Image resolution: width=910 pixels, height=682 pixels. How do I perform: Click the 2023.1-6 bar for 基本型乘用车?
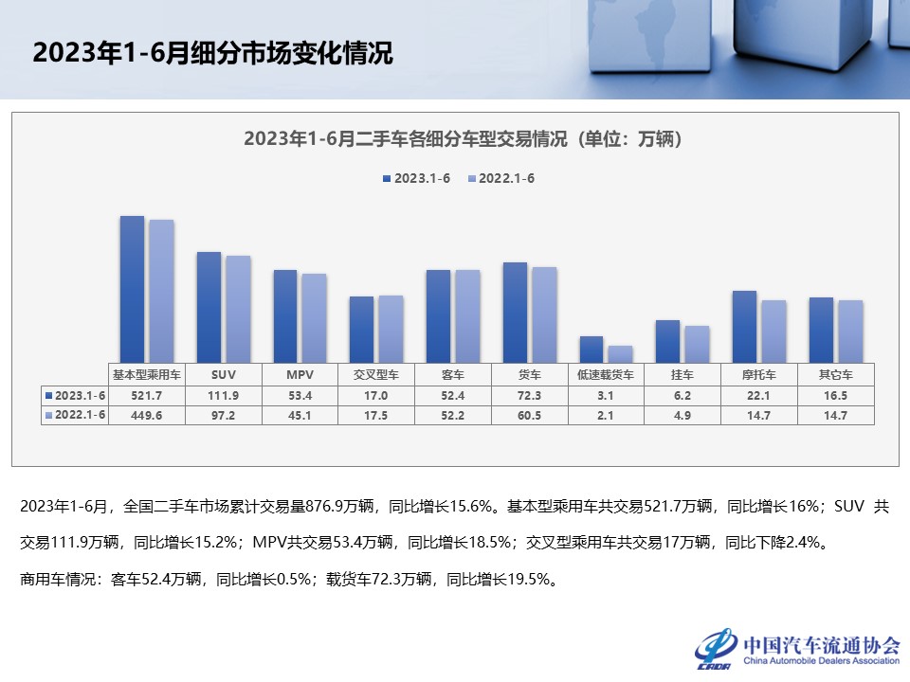coord(132,289)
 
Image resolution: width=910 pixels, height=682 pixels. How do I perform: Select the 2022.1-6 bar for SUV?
coord(238,309)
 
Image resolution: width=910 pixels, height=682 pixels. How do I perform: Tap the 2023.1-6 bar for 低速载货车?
coord(591,350)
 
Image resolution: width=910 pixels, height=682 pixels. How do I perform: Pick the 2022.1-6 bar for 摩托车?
coord(773,332)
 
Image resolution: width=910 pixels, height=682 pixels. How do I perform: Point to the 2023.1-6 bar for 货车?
coord(514,313)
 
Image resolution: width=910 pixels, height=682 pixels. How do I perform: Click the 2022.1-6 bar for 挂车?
coord(697,344)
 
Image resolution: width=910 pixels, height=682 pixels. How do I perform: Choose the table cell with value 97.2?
coord(223,415)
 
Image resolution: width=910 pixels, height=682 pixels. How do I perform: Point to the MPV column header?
coord(300,374)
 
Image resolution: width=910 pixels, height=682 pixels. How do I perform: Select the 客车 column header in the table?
coord(452,374)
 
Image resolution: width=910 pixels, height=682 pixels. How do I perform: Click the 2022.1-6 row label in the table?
coord(76,415)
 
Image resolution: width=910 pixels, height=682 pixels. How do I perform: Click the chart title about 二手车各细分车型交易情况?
coord(463,139)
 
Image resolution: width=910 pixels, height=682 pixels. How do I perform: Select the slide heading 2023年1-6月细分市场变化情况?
coord(212,53)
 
